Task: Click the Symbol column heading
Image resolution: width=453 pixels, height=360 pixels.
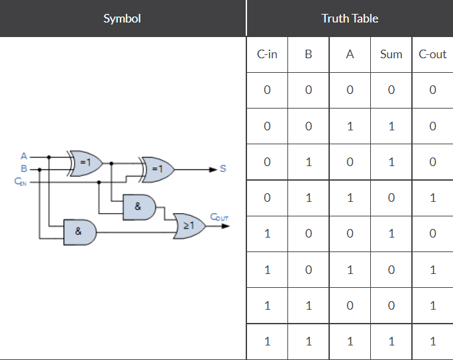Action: point(123,19)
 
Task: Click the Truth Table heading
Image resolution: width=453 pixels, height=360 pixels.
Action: point(350,19)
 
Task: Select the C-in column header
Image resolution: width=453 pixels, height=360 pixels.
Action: point(267,54)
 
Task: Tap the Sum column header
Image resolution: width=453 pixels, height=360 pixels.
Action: point(391,54)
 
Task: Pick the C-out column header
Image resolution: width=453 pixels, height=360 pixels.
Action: point(432,54)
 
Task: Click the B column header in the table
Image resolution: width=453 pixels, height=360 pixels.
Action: point(308,54)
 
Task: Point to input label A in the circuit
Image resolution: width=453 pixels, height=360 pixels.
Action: point(24,156)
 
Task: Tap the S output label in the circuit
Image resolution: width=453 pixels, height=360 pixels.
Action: point(223,169)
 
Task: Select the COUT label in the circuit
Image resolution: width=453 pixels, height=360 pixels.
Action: point(219,216)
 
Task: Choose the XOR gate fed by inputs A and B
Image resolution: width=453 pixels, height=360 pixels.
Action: point(86,161)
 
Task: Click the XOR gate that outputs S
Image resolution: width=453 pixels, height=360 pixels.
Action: point(158,169)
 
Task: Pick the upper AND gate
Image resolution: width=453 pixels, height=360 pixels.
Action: point(139,206)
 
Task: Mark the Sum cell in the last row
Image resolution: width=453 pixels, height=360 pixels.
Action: point(391,342)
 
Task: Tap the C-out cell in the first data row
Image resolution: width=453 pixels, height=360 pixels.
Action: point(432,90)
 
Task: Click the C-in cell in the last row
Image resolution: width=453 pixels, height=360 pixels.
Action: point(267,342)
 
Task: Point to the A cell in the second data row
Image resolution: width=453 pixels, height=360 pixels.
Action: point(350,126)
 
